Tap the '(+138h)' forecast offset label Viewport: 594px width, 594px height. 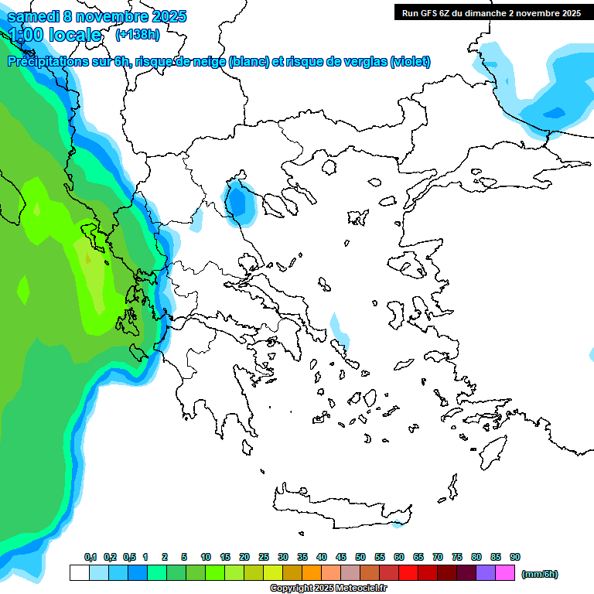click(138, 35)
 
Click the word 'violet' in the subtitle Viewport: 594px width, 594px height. click(408, 62)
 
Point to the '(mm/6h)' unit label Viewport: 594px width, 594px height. click(540, 574)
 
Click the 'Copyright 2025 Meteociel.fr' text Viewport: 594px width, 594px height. click(327, 589)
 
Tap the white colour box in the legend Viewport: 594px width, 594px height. click(79, 573)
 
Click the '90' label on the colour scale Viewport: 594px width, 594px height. click(515, 558)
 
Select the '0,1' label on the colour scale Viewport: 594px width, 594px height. click(90, 558)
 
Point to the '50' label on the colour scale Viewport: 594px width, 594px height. click(360, 558)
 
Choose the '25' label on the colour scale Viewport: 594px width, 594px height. click(264, 558)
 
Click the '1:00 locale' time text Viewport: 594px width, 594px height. click(56, 35)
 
